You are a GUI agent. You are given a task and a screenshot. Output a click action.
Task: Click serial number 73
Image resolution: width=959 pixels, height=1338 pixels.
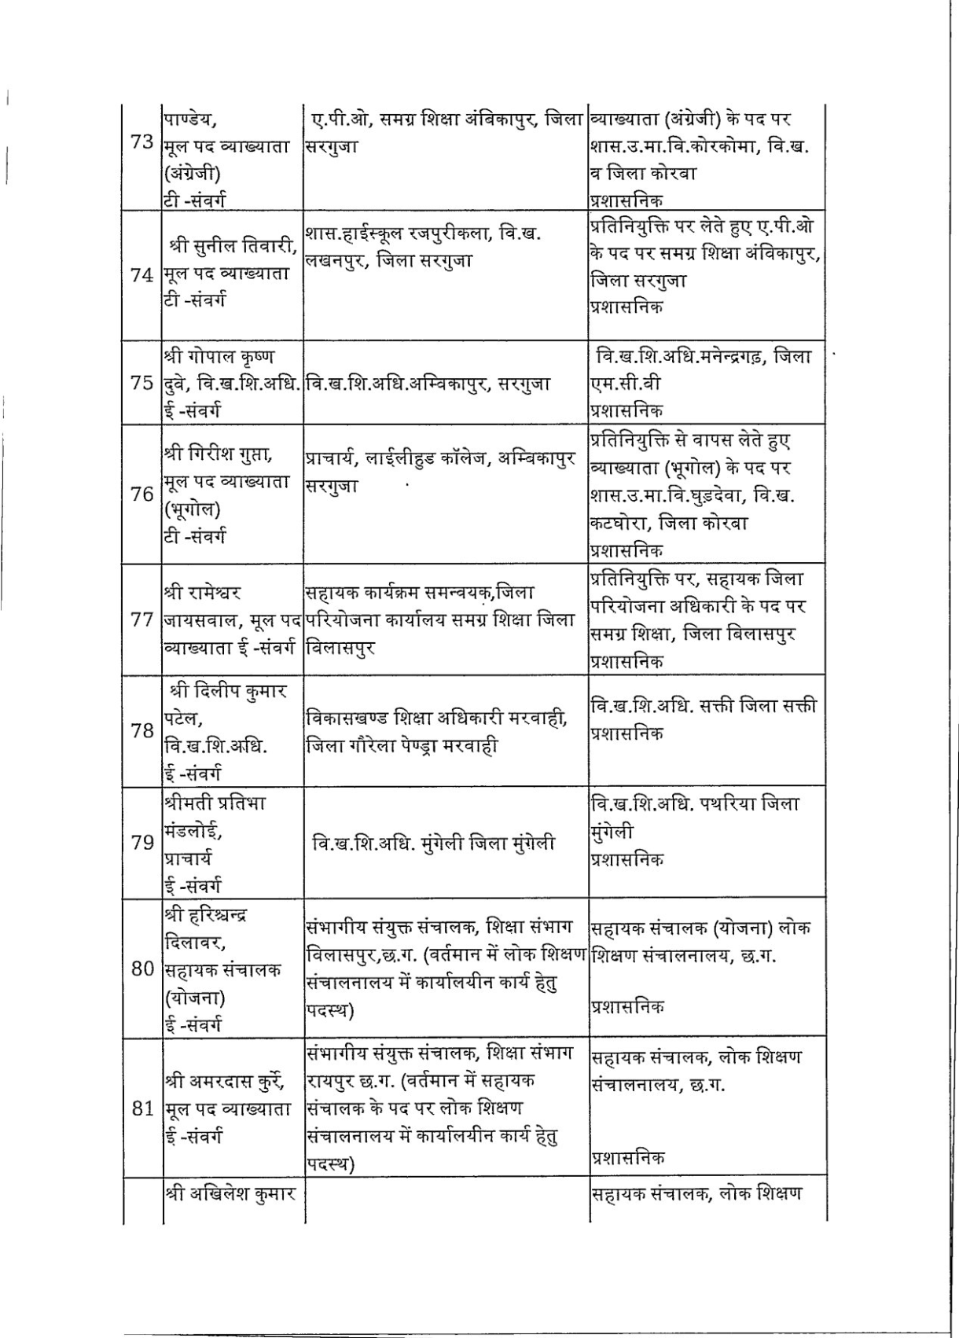(141, 145)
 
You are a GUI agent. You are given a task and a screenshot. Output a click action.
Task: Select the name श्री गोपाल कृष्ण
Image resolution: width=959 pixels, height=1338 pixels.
(219, 356)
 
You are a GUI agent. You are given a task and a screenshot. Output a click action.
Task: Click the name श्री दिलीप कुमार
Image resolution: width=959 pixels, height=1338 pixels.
(228, 691)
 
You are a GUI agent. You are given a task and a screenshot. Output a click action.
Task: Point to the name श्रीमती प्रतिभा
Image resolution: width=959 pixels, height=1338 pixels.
(215, 803)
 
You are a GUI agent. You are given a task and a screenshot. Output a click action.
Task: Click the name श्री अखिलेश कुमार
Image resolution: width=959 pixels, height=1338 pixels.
(230, 1194)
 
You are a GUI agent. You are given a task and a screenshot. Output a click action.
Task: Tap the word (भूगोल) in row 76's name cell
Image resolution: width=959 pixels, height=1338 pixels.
(192, 509)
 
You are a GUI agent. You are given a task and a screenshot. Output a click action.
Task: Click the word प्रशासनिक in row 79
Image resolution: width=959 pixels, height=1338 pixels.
(626, 858)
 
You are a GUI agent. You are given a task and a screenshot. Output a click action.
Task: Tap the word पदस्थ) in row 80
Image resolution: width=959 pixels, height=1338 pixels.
(330, 1010)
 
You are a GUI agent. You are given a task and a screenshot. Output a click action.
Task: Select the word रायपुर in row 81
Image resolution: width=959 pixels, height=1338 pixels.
(329, 1081)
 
